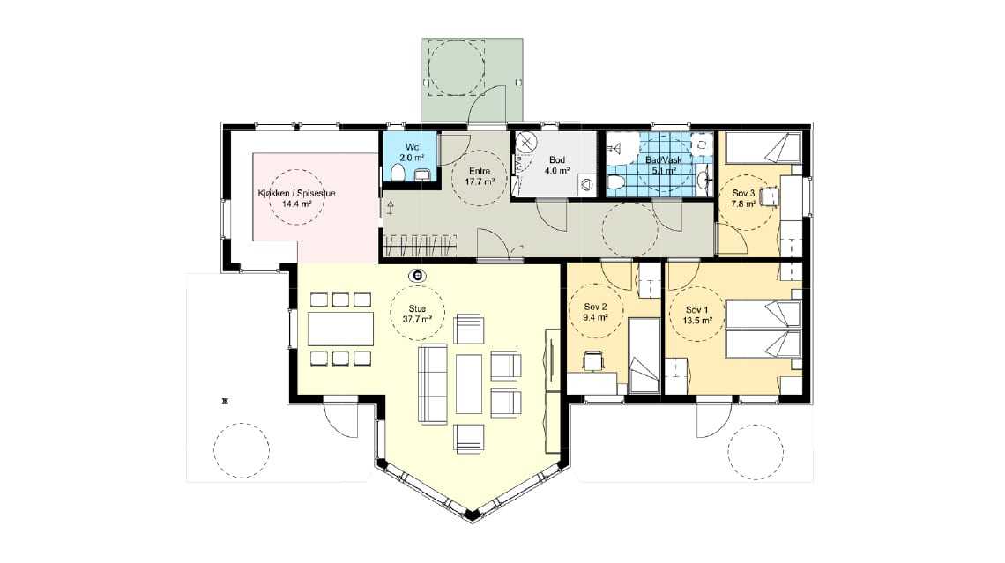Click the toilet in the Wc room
click(398, 173)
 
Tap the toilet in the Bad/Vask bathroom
click(615, 183)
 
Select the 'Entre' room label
click(480, 171)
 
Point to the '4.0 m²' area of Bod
click(557, 171)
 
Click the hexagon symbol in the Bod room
click(586, 185)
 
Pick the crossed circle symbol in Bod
click(525, 142)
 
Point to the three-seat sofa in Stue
click(433, 383)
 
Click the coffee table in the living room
click(468, 383)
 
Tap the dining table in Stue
click(340, 329)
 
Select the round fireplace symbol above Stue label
click(418, 276)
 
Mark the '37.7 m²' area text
click(418, 318)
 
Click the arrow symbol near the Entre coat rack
click(391, 208)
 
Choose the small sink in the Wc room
click(422, 174)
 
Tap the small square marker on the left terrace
click(224, 402)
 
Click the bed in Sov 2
click(644, 355)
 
